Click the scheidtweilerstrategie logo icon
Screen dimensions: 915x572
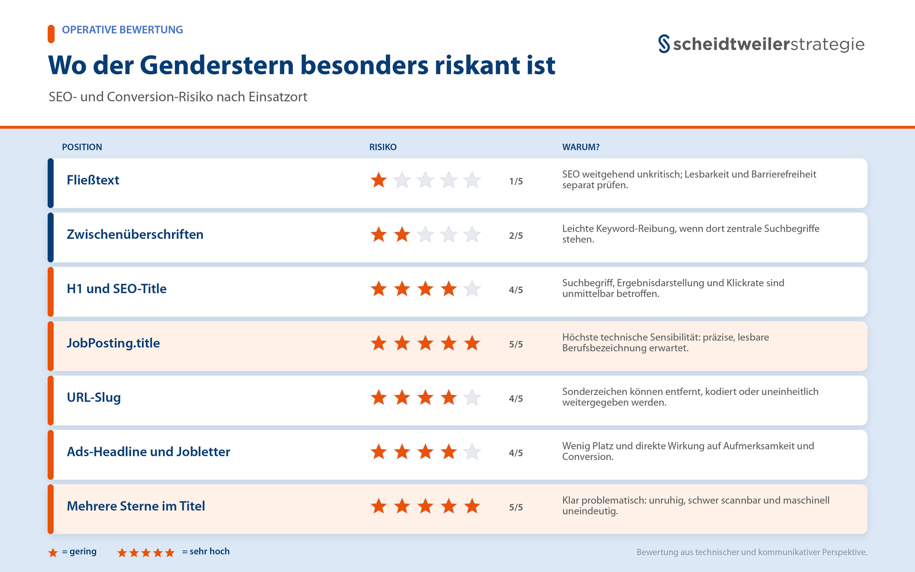click(664, 44)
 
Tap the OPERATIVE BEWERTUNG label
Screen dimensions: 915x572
click(122, 30)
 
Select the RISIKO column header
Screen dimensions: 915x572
click(383, 147)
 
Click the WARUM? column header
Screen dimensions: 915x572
click(580, 147)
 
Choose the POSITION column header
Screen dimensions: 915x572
click(82, 147)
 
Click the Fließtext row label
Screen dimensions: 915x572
click(93, 180)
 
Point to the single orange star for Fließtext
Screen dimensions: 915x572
click(379, 180)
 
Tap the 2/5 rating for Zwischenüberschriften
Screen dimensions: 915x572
click(516, 235)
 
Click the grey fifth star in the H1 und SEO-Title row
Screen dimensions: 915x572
click(472, 289)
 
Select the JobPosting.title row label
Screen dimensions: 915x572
click(113, 343)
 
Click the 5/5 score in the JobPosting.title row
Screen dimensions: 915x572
click(516, 344)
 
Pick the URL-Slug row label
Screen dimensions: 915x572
click(94, 398)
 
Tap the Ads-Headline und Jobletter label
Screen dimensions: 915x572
click(148, 452)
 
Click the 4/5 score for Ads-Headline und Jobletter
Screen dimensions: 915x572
click(516, 453)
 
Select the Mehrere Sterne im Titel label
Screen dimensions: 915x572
click(136, 506)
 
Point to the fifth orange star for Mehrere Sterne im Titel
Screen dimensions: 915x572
click(472, 506)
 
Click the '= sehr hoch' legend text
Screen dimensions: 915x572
click(206, 552)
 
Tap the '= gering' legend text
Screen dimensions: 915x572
click(79, 552)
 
